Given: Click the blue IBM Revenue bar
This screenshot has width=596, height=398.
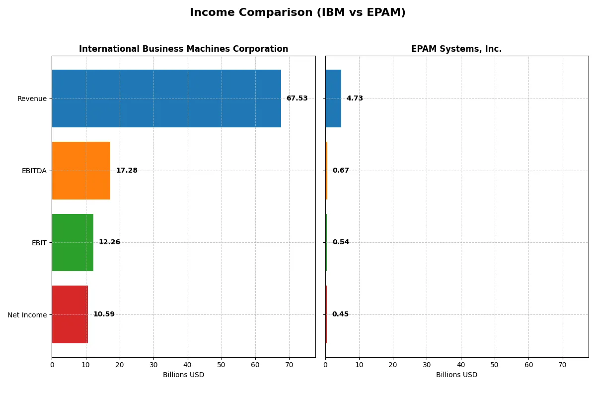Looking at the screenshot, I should pos(166,99).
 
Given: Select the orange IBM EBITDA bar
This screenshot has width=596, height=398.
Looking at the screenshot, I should pos(81,171).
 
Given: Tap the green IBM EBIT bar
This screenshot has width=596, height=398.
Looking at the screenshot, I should pos(73,242).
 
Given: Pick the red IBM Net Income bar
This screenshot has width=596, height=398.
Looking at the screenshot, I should pos(70,314).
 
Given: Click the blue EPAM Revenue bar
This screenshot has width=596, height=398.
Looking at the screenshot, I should pos(333,99).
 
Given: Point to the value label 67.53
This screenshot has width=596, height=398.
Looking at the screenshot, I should pos(297,99).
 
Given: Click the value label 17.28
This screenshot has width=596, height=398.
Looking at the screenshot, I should pos(127,171).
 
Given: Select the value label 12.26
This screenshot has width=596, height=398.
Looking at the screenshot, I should pos(109,242).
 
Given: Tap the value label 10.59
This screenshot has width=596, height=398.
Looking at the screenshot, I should pos(104,314).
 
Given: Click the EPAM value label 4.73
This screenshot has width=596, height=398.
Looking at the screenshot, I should pos(355,99).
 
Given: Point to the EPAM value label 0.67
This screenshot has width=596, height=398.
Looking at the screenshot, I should pos(341,171).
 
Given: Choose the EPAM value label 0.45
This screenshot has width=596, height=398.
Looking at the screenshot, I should pos(340,314).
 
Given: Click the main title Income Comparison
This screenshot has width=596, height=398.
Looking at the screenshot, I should pos(298,13).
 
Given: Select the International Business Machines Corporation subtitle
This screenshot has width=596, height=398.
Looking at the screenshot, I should pos(183,49).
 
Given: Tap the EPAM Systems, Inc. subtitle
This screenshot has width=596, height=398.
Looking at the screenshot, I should pos(456,49).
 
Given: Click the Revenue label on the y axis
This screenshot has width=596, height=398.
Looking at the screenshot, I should pos(32,99).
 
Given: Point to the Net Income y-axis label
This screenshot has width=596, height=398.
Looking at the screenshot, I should pos(27,314).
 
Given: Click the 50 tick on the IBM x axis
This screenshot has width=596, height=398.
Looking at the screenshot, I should pos(222,365).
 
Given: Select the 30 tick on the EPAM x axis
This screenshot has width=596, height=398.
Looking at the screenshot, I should pos(427,365).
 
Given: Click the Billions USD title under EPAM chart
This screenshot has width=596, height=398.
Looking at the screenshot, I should pos(456,375).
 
